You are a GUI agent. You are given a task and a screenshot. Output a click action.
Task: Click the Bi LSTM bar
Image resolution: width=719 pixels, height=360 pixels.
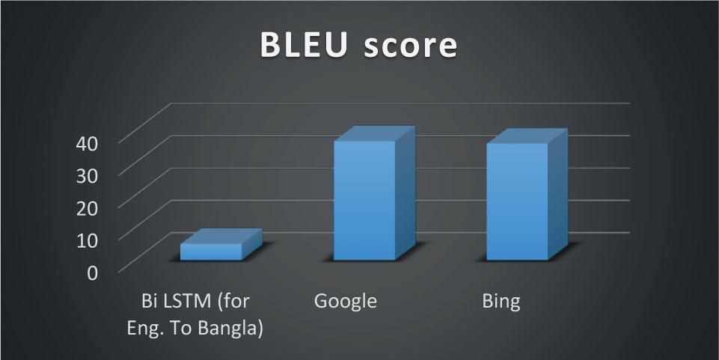click(x=211, y=251)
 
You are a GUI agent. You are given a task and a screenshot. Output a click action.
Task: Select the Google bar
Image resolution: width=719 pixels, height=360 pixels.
click(x=364, y=200)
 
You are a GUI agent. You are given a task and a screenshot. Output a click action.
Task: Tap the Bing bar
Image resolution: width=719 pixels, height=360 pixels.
click(x=517, y=201)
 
